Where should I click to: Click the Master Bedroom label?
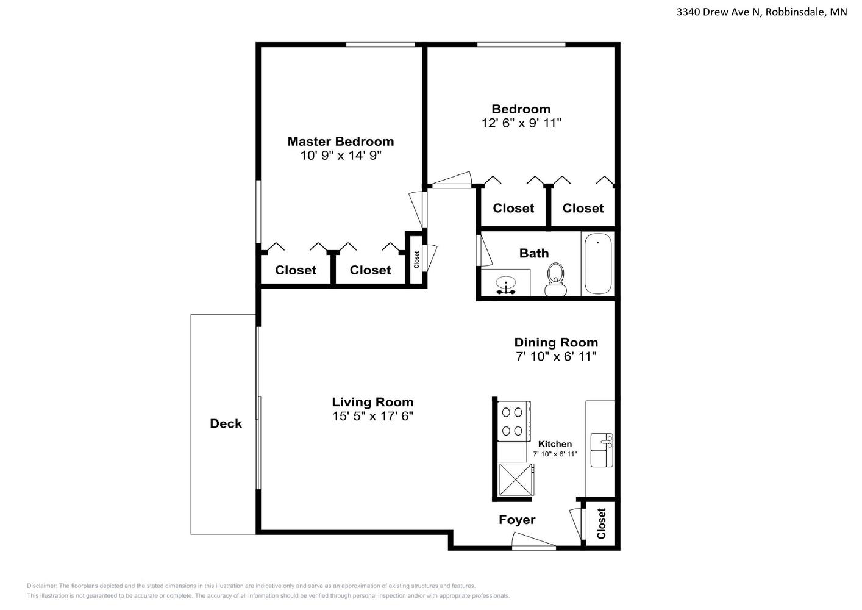pos(341,142)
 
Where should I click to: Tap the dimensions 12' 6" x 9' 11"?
pos(521,123)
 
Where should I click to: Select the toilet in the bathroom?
pos(555,279)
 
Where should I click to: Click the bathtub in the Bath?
pos(598,264)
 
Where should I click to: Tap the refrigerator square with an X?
pos(516,479)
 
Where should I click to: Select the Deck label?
pos(226,423)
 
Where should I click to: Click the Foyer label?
pos(517,520)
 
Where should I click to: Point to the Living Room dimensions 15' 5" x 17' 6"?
pos(372,416)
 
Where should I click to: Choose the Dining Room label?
pos(556,342)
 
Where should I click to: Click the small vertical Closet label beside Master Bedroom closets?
pos(416,260)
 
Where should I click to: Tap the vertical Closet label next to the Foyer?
pos(602,524)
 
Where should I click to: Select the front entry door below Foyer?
pos(534,540)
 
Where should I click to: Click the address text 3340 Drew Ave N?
pos(719,12)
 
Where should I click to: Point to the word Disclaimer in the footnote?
pos(41,586)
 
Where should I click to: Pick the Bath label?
pos(534,253)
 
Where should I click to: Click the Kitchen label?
pos(555,444)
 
